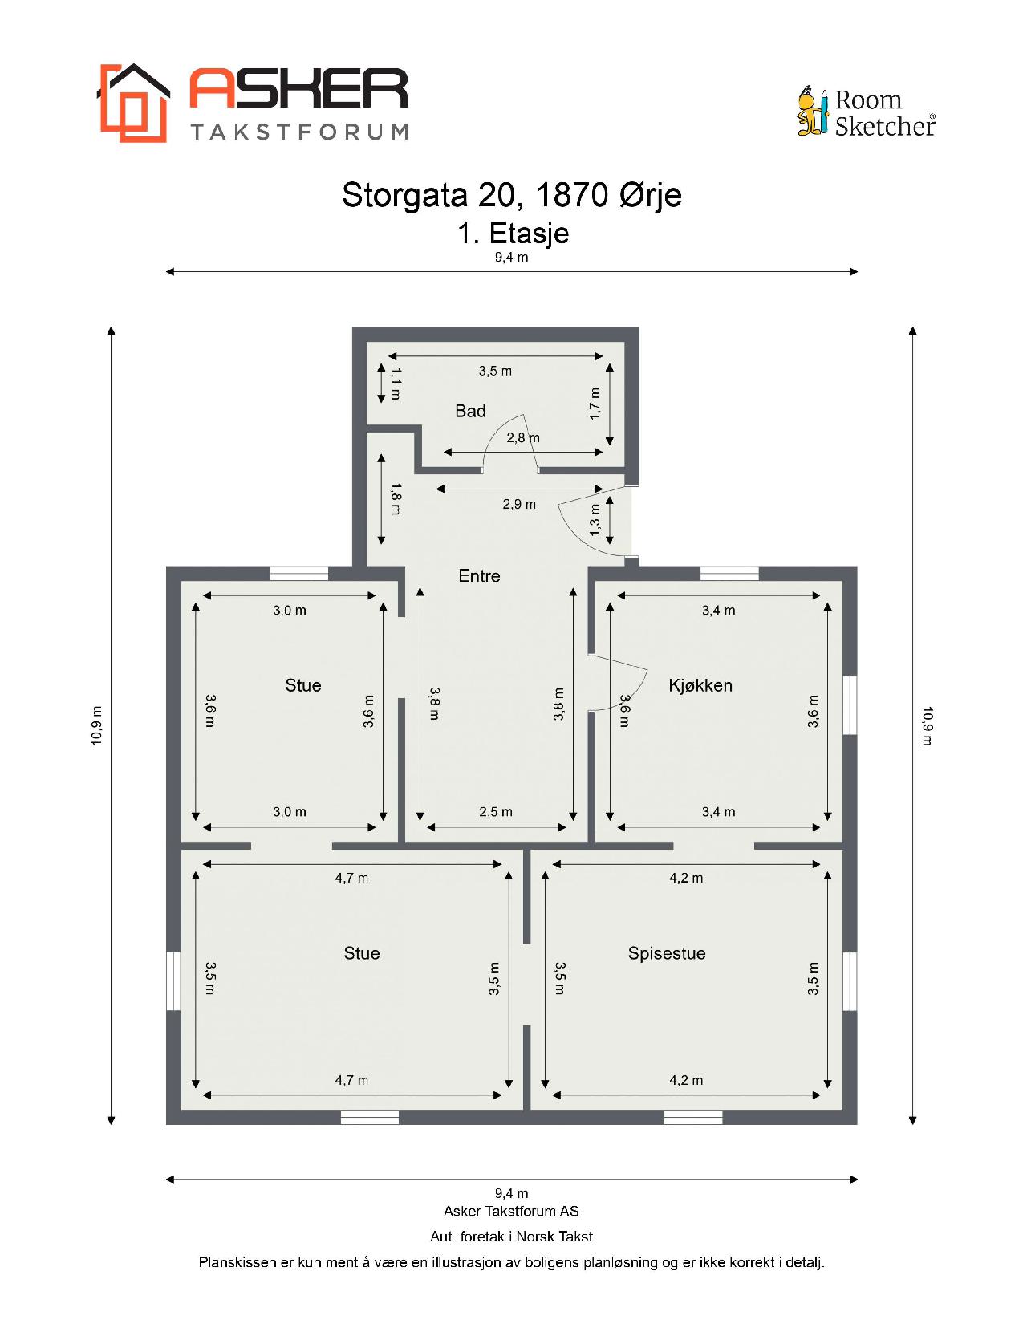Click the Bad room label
tap(470, 411)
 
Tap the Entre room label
tap(479, 576)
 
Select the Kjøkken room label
tap(700, 685)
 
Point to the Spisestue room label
tap(667, 953)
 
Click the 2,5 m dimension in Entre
tap(495, 812)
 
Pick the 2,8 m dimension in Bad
tap(523, 437)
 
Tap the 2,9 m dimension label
tap(519, 504)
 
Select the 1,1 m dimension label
tap(396, 384)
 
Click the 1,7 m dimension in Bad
tap(595, 404)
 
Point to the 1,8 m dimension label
tap(396, 500)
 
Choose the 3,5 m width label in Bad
tap(495, 371)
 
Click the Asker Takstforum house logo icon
tap(133, 103)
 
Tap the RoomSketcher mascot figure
tap(813, 110)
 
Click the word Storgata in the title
tap(404, 195)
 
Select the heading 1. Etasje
tap(513, 234)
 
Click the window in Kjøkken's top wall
tap(729, 574)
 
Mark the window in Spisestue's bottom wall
tap(692, 1117)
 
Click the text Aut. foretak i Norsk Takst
tap(511, 1237)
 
